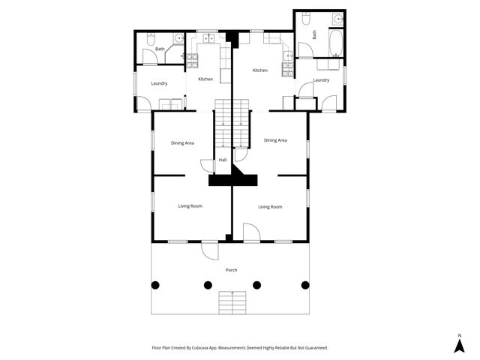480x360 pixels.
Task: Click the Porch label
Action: [231, 270]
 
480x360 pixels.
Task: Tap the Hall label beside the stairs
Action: [222, 160]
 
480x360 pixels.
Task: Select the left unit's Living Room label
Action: [190, 205]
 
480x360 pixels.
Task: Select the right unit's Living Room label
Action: [270, 206]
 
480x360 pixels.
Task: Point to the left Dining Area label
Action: [183, 142]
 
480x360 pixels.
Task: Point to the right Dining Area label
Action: [275, 140]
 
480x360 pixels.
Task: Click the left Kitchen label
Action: [205, 79]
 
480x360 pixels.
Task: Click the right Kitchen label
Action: [260, 70]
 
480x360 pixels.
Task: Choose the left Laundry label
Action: [159, 83]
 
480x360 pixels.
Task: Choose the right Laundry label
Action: [321, 79]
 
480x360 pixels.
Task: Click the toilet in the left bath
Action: [151, 37]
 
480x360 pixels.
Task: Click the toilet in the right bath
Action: [306, 18]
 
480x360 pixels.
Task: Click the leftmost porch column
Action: [156, 285]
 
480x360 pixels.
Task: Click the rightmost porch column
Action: [305, 285]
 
